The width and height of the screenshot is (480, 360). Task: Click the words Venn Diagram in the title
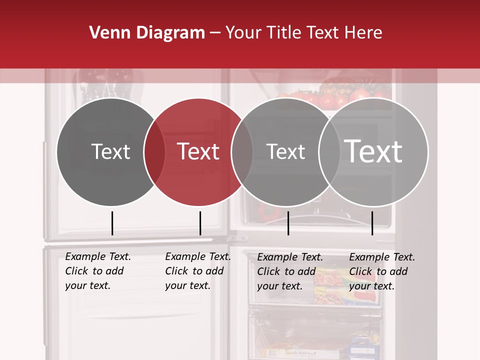click(147, 33)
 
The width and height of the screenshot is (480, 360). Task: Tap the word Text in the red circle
click(198, 151)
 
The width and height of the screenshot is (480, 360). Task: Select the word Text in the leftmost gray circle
click(110, 151)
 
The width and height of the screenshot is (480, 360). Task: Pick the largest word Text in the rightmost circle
click(373, 151)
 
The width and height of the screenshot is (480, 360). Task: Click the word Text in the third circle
click(285, 151)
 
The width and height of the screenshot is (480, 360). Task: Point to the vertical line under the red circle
click(200, 223)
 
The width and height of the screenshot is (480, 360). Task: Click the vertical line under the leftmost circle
click(112, 223)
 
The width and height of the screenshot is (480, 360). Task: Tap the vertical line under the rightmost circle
click(372, 223)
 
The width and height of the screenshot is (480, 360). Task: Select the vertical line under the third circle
click(288, 223)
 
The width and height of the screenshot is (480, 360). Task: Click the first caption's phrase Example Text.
click(98, 256)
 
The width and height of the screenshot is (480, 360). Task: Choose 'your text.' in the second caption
click(187, 285)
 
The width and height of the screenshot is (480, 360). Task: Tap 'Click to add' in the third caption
click(286, 271)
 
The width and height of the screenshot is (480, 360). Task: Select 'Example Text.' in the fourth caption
click(382, 257)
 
